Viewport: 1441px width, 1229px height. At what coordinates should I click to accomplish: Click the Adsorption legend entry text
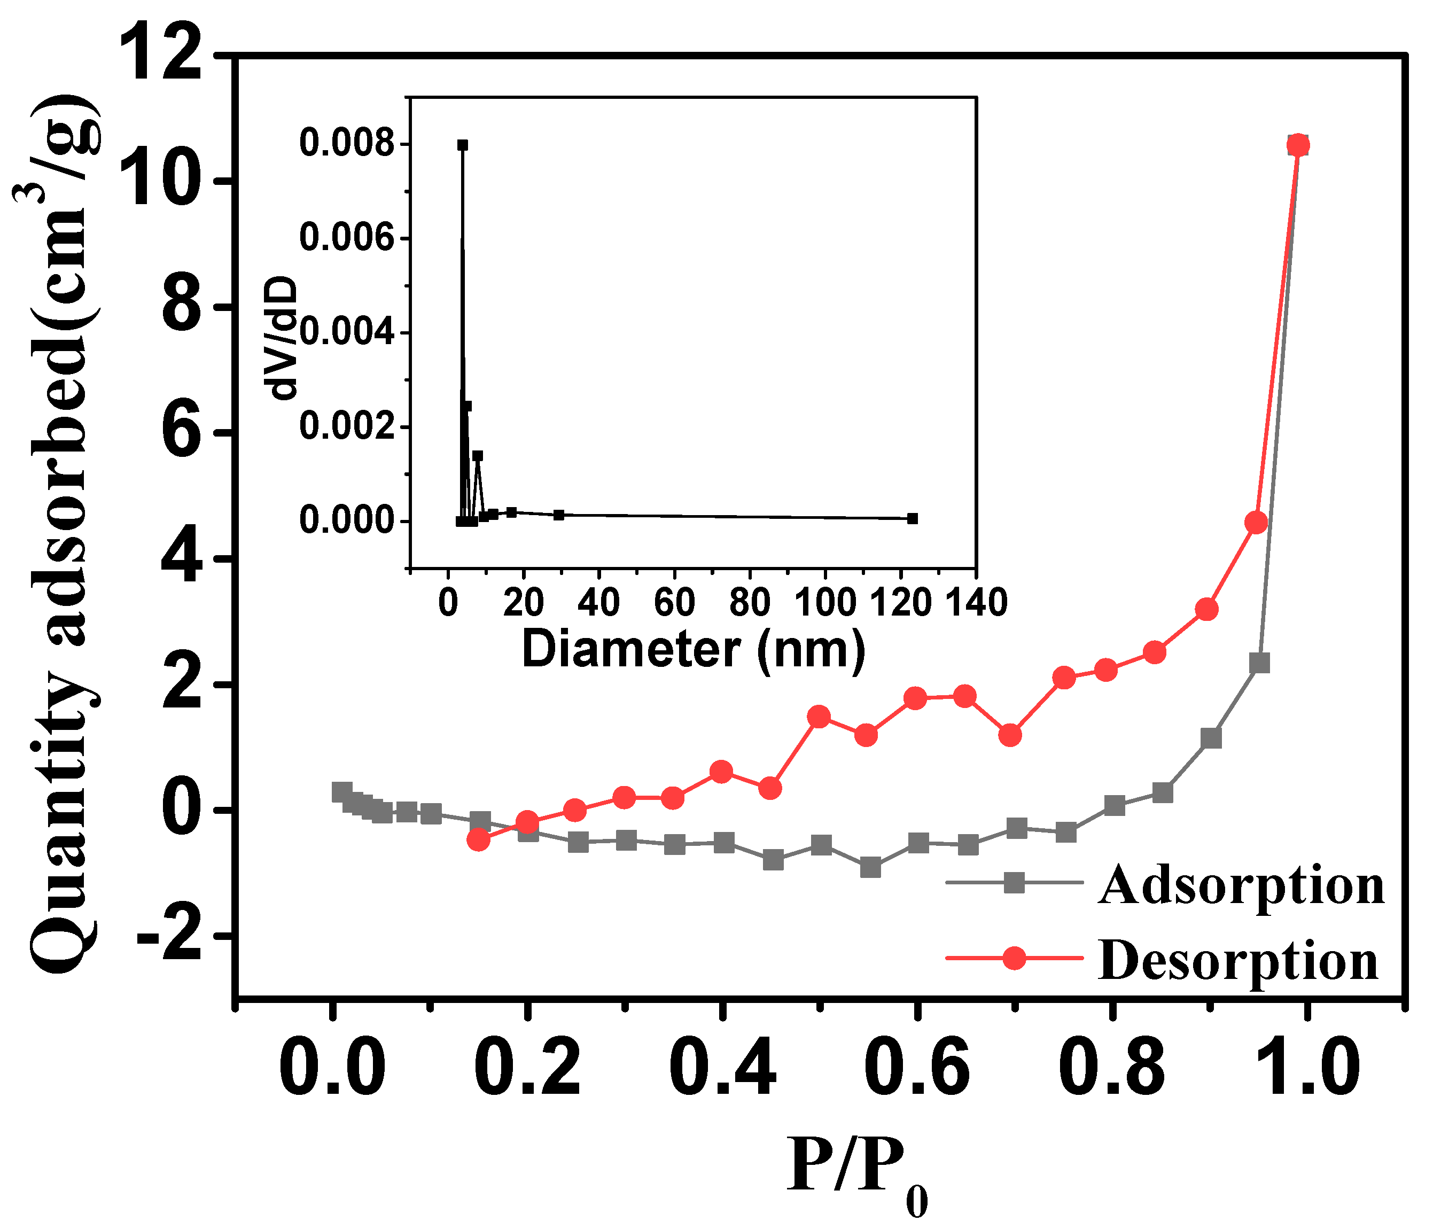(1241, 885)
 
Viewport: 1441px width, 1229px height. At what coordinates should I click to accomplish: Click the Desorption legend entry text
(1238, 961)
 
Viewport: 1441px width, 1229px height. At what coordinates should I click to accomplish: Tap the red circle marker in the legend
(1015, 958)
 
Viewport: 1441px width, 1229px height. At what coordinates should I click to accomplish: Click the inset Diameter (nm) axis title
(694, 649)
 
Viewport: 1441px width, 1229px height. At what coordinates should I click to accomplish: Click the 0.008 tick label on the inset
(346, 144)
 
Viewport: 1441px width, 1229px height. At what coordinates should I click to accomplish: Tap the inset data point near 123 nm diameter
(913, 518)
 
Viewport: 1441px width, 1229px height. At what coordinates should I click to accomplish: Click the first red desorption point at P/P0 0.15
(479, 840)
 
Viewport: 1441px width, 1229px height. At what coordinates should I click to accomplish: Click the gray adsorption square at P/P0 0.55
(870, 867)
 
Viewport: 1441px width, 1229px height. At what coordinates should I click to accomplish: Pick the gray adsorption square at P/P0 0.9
(1211, 738)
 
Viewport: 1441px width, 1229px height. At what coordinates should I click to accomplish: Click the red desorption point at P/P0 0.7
(1010, 735)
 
